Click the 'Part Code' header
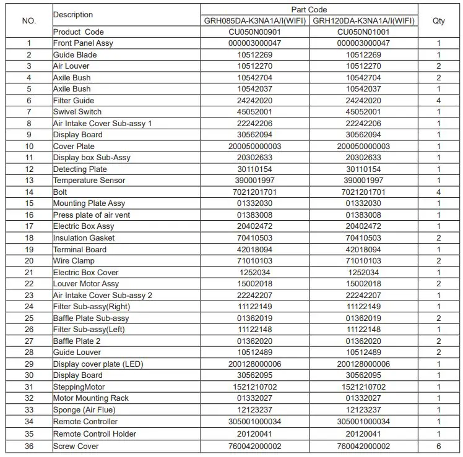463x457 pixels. pos(309,10)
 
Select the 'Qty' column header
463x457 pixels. pos(439,21)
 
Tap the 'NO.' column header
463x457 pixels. pos(29,21)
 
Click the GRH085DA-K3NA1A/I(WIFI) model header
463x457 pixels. pos(255,21)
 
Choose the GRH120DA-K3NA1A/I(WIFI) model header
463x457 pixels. pos(363,21)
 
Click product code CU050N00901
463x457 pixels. pos(255,32)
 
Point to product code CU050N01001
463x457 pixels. pos(363,32)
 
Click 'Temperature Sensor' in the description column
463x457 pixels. pos(89,181)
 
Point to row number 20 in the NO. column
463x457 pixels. pos(29,261)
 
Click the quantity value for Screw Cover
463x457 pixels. pos(439,446)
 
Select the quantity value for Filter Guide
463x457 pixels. pos(439,100)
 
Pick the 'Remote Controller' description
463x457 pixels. pos(85,422)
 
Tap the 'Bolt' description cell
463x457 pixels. pos(60,192)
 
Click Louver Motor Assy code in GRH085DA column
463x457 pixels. pos(255,284)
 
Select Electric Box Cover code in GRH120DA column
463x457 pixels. pos(363,272)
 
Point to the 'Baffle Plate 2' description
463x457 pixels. pos(77,341)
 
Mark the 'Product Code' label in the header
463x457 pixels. pos(79,32)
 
